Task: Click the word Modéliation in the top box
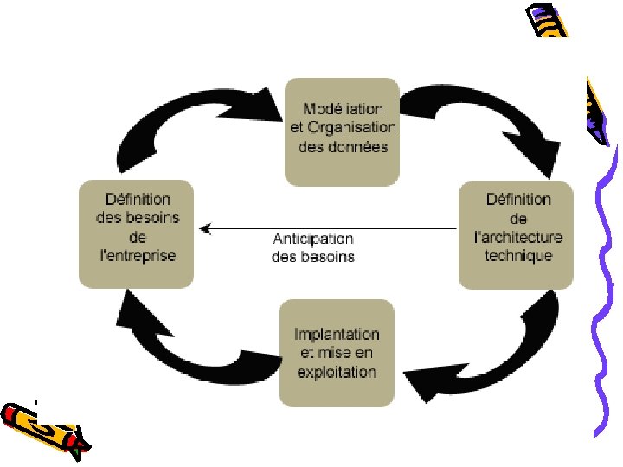pyautogui.click(x=343, y=109)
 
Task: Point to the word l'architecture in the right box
pyautogui.click(x=518, y=238)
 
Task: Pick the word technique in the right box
pyautogui.click(x=517, y=256)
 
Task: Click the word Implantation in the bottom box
pyautogui.click(x=337, y=335)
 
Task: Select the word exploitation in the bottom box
pyautogui.click(x=337, y=373)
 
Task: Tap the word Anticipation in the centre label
pyautogui.click(x=313, y=239)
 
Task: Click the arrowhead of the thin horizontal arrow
pyautogui.click(x=204, y=228)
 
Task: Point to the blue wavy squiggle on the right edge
pyautogui.click(x=606, y=285)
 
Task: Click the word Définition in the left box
pyautogui.click(x=137, y=200)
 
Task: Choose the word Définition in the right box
pyautogui.click(x=517, y=200)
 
